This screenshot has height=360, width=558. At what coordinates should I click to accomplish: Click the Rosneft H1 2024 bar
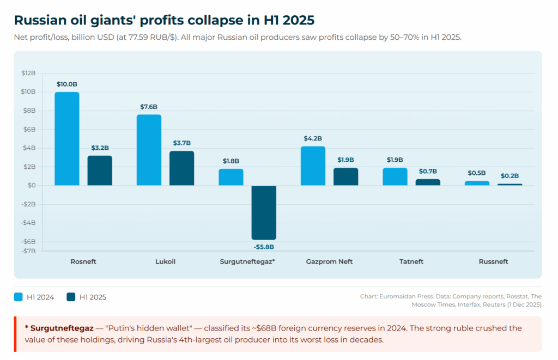(67, 139)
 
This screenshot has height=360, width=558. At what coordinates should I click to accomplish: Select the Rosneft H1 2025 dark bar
(100, 170)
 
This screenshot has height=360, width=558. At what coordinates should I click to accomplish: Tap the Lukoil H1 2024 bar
(149, 150)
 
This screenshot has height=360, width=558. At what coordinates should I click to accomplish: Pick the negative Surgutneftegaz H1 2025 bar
(264, 212)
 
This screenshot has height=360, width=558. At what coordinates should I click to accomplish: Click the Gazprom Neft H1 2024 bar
(313, 166)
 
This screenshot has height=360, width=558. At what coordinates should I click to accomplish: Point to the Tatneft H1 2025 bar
(428, 182)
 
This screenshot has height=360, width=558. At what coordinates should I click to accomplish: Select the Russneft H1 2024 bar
(477, 183)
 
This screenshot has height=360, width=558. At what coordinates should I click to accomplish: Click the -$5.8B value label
(264, 247)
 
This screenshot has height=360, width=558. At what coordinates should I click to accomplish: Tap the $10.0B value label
(67, 84)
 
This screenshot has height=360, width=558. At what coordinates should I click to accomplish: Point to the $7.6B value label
(149, 107)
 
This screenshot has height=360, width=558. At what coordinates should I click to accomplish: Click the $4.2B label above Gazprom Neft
(313, 138)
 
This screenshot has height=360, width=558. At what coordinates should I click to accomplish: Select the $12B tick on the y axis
(28, 73)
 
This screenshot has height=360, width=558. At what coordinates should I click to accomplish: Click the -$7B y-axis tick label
(28, 251)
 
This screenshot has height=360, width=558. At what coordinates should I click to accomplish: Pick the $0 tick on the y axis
(32, 186)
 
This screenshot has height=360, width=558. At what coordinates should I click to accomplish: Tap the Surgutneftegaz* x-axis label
(247, 261)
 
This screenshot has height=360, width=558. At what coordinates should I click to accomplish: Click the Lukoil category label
(165, 261)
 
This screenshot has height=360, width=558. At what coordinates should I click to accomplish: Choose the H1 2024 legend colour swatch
(18, 297)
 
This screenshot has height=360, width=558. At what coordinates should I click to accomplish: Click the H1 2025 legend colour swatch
(71, 297)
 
